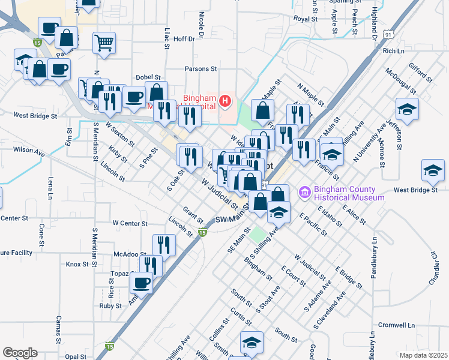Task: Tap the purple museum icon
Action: (304, 192)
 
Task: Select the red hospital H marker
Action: (225, 100)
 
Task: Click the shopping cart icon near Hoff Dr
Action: (104, 43)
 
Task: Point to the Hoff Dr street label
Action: (184, 39)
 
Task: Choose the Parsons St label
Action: (200, 69)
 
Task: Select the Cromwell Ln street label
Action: (397, 325)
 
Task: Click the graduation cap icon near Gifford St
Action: (407, 110)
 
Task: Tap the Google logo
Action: (20, 352)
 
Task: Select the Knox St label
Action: (77, 264)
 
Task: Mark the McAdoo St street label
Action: (126, 254)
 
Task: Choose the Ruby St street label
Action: (110, 305)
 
